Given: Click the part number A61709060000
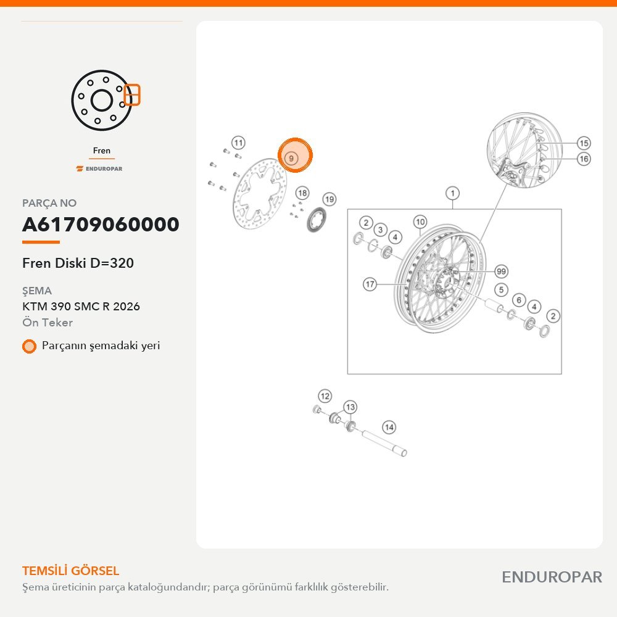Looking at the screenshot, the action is (101, 225).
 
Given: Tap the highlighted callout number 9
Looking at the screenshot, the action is (291, 158).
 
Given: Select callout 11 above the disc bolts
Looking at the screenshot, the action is (238, 143).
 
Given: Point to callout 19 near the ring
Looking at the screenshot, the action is (329, 199).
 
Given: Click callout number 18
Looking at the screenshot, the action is (302, 193).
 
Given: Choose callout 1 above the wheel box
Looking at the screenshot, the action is (452, 193).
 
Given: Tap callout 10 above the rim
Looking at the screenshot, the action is (420, 222).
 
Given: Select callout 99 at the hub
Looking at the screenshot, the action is (501, 271).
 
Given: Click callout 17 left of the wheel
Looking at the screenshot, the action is (370, 284).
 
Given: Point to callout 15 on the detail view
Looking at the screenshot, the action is (584, 143).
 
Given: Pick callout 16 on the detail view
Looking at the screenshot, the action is (584, 159).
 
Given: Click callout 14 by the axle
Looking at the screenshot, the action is (389, 428).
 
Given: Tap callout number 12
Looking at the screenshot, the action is (325, 396).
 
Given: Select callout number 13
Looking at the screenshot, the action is (350, 407).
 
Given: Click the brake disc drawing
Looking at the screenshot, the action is (260, 194).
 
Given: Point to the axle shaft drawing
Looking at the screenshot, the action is (384, 443).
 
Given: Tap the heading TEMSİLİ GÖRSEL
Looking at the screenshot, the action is (70, 571).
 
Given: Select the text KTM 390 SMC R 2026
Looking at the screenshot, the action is (81, 306).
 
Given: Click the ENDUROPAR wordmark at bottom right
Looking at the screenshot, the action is (552, 578).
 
